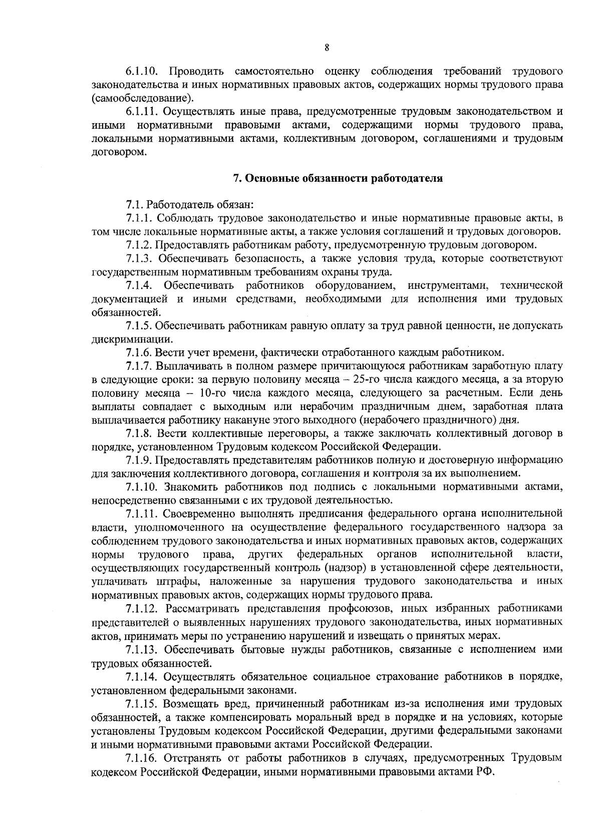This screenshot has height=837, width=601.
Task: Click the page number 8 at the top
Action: pyautogui.click(x=327, y=48)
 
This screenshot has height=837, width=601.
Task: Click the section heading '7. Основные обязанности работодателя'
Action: pyautogui.click(x=339, y=178)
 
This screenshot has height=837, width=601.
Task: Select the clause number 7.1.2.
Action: pyautogui.click(x=139, y=245)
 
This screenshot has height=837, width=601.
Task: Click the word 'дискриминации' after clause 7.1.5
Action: pyautogui.click(x=125, y=339)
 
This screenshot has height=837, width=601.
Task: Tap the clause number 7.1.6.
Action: pyautogui.click(x=139, y=352)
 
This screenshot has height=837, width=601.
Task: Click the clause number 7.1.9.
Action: pyautogui.click(x=139, y=460)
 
